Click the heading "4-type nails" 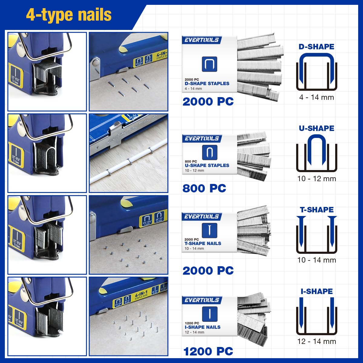click(x=69, y=15)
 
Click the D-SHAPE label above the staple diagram click(x=316, y=47)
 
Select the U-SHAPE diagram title click(x=316, y=128)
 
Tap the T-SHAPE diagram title click(x=317, y=210)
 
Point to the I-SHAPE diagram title click(x=317, y=291)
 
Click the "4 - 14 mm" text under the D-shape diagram click(x=316, y=97)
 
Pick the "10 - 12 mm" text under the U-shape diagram click(x=316, y=179)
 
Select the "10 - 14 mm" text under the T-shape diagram click(x=316, y=260)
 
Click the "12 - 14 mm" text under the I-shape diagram click(x=316, y=342)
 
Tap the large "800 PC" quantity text click(x=204, y=188)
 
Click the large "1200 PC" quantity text click(x=208, y=352)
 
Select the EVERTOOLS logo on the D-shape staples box click(x=202, y=40)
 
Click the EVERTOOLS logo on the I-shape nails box click(x=202, y=300)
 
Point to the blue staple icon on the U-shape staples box click(x=209, y=152)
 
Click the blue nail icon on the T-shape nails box click(x=209, y=230)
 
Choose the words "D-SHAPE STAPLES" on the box click(x=207, y=83)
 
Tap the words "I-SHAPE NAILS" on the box click(x=202, y=327)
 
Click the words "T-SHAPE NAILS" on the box click(x=203, y=244)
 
